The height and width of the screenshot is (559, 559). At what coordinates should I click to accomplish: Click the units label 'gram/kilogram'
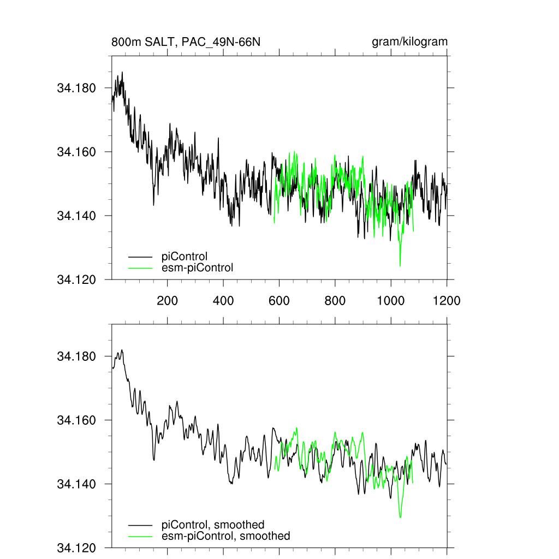pyautogui.click(x=409, y=42)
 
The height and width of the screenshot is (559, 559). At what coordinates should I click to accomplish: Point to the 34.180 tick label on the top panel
pyautogui.click(x=76, y=88)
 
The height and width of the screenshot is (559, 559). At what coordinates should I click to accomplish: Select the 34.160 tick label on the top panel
pyautogui.click(x=76, y=152)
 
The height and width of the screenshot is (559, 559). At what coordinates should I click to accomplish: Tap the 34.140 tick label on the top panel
pyautogui.click(x=76, y=216)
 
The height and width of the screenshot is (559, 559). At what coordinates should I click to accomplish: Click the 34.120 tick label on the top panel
pyautogui.click(x=76, y=279)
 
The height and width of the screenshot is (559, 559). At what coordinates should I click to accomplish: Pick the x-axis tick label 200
pyautogui.click(x=168, y=300)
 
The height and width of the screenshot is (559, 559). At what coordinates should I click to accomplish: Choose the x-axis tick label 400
pyautogui.click(x=223, y=300)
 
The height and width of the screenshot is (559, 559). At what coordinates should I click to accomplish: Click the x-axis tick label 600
pyautogui.click(x=279, y=300)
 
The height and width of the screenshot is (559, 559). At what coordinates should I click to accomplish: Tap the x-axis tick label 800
pyautogui.click(x=335, y=300)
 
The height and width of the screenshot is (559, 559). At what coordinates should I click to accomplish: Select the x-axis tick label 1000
pyautogui.click(x=391, y=300)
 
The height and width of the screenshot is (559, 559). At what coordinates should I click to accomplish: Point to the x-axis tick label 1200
pyautogui.click(x=447, y=300)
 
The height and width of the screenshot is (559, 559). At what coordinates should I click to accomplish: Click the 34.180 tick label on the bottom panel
pyautogui.click(x=76, y=356)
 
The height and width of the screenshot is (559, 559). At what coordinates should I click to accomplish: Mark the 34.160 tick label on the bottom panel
pyautogui.click(x=76, y=420)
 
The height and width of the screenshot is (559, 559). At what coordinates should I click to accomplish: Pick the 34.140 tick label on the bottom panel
pyautogui.click(x=76, y=484)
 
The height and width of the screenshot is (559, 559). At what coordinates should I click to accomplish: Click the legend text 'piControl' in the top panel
pyautogui.click(x=185, y=255)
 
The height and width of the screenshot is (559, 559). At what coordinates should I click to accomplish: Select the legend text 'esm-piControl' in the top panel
pyautogui.click(x=197, y=267)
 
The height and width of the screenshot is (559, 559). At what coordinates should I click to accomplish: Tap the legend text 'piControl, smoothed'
pyautogui.click(x=213, y=525)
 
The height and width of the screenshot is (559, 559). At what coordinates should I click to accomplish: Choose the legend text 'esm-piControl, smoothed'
pyautogui.click(x=225, y=536)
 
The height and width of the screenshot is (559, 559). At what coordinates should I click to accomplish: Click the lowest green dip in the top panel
pyautogui.click(x=400, y=265)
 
